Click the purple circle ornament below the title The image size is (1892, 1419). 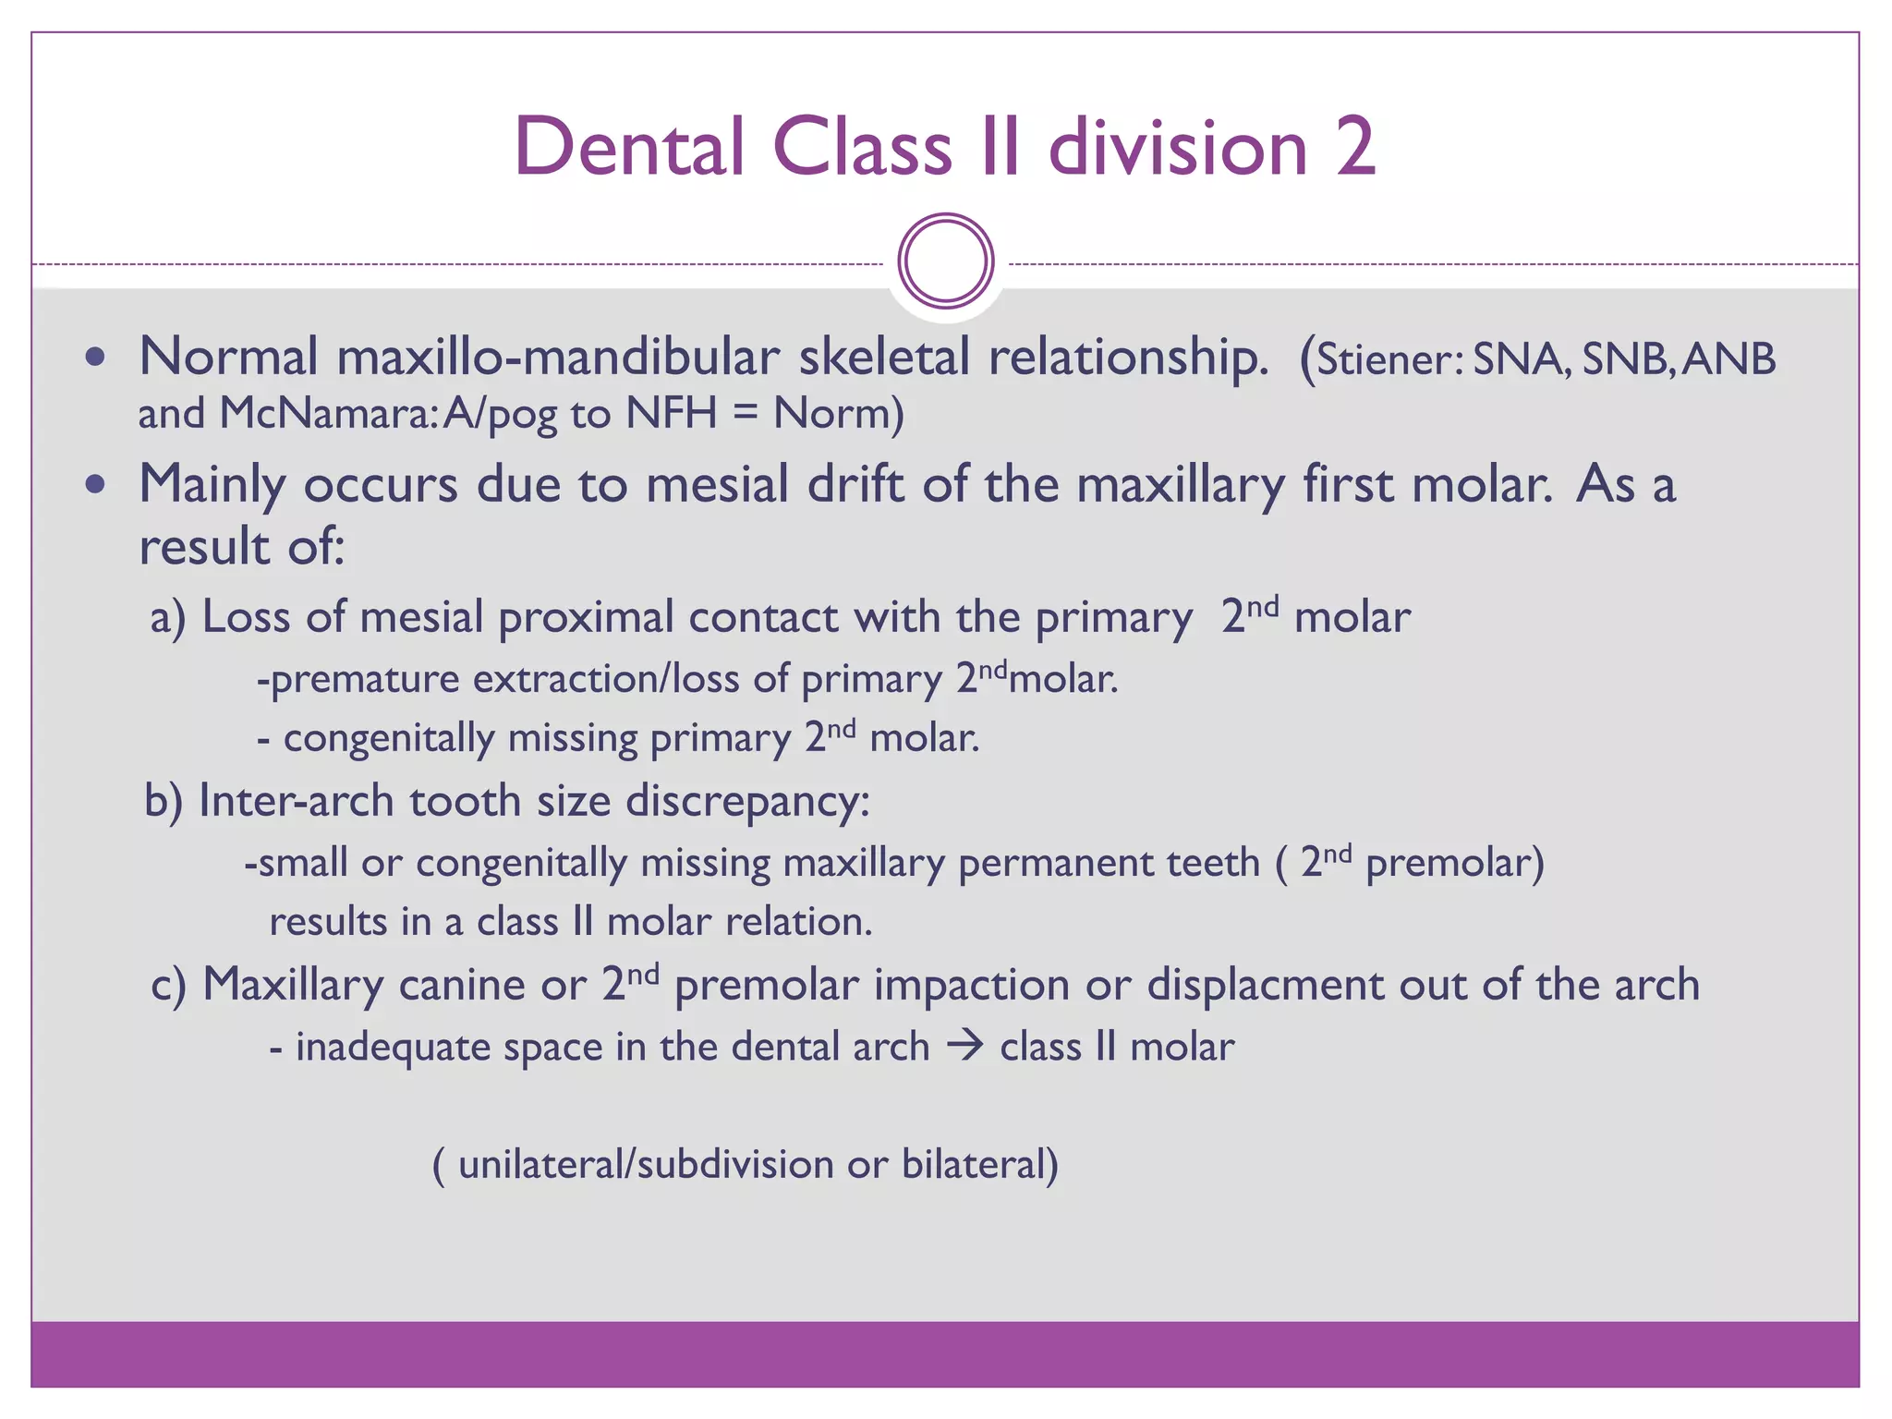(x=946, y=261)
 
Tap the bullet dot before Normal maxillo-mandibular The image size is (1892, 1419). (x=95, y=358)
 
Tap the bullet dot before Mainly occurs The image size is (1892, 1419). (x=95, y=484)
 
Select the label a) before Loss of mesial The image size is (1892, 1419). (x=168, y=617)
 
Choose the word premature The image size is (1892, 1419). (x=365, y=680)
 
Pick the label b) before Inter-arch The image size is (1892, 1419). (x=164, y=801)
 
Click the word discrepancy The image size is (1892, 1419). (x=747, y=801)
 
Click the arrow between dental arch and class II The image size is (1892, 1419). (x=964, y=1047)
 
